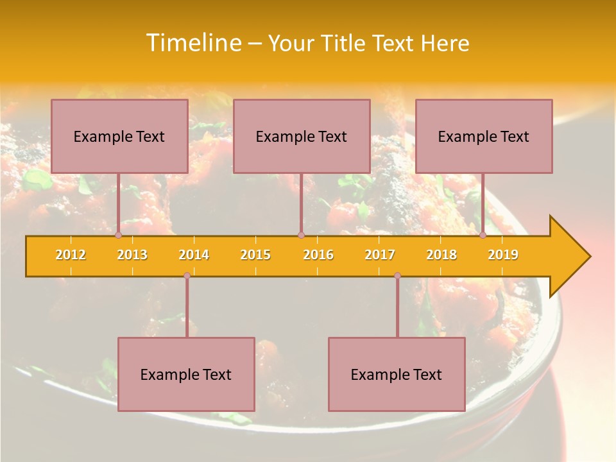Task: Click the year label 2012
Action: pyautogui.click(x=71, y=255)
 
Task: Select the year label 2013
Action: pyautogui.click(x=132, y=255)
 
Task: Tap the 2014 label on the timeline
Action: pyautogui.click(x=194, y=255)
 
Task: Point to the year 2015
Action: pyautogui.click(x=255, y=255)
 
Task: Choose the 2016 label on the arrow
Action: pyautogui.click(x=318, y=255)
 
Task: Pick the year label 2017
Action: pyautogui.click(x=380, y=255)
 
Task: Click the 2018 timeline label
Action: pyautogui.click(x=441, y=255)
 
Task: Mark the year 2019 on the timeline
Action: pyautogui.click(x=503, y=255)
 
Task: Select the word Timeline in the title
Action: pyautogui.click(x=192, y=43)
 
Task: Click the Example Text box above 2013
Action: pyautogui.click(x=119, y=136)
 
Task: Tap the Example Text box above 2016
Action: pyautogui.click(x=302, y=136)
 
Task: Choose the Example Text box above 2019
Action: pyautogui.click(x=484, y=136)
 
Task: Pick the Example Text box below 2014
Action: pyautogui.click(x=186, y=374)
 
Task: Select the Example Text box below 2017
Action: pyautogui.click(x=397, y=374)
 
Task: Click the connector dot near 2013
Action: pyautogui.click(x=119, y=235)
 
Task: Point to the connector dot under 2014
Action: pyautogui.click(x=187, y=275)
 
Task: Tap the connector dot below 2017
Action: pyautogui.click(x=397, y=275)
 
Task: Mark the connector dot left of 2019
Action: pyautogui.click(x=483, y=235)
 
